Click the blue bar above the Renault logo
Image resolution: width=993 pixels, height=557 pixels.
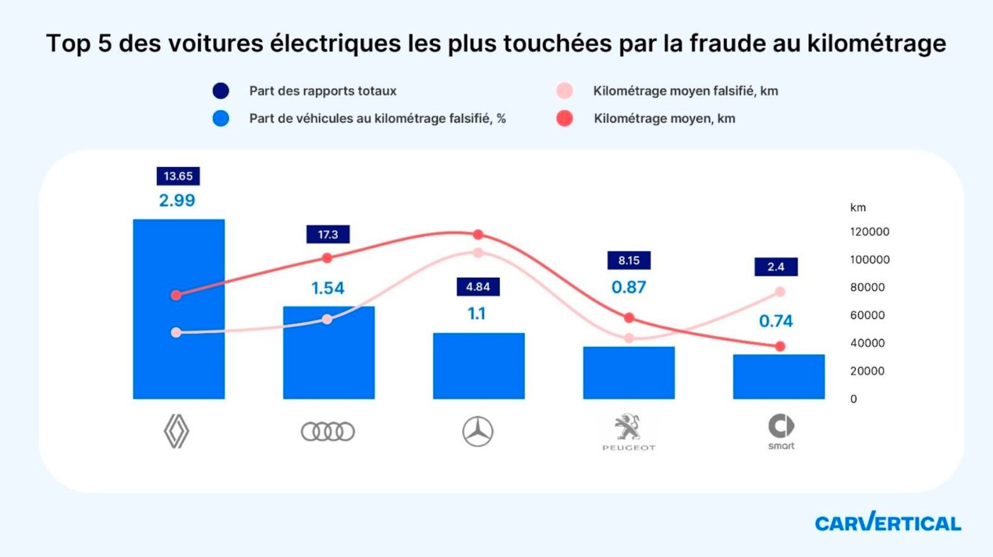coord(179,309)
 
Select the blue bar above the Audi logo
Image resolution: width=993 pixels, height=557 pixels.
coord(329,352)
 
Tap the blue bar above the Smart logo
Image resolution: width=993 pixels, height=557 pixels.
coord(779,376)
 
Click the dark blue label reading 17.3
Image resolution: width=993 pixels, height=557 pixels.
coord(328,234)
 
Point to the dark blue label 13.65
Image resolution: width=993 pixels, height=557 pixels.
coord(178,176)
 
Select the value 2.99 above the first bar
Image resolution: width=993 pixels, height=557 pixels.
coord(177,200)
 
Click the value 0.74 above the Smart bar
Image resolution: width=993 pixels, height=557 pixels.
coord(776,321)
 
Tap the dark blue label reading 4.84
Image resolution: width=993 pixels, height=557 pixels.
coord(478,287)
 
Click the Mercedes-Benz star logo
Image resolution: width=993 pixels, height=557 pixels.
coord(478,432)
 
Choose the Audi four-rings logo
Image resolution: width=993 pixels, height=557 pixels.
coord(328,432)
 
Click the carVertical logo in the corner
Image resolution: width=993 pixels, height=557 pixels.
coord(888,522)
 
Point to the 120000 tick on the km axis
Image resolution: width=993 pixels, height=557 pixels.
coord(869,232)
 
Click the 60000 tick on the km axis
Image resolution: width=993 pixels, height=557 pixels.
coord(867,315)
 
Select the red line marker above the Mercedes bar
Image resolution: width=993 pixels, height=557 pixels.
coord(478,234)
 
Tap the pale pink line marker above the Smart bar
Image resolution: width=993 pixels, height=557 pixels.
coord(780,292)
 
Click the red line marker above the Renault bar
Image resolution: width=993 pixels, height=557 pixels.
coord(176,295)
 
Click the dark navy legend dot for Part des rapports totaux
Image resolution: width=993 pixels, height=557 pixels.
coord(221,91)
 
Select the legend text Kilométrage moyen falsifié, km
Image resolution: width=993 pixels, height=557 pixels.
coord(685,91)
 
